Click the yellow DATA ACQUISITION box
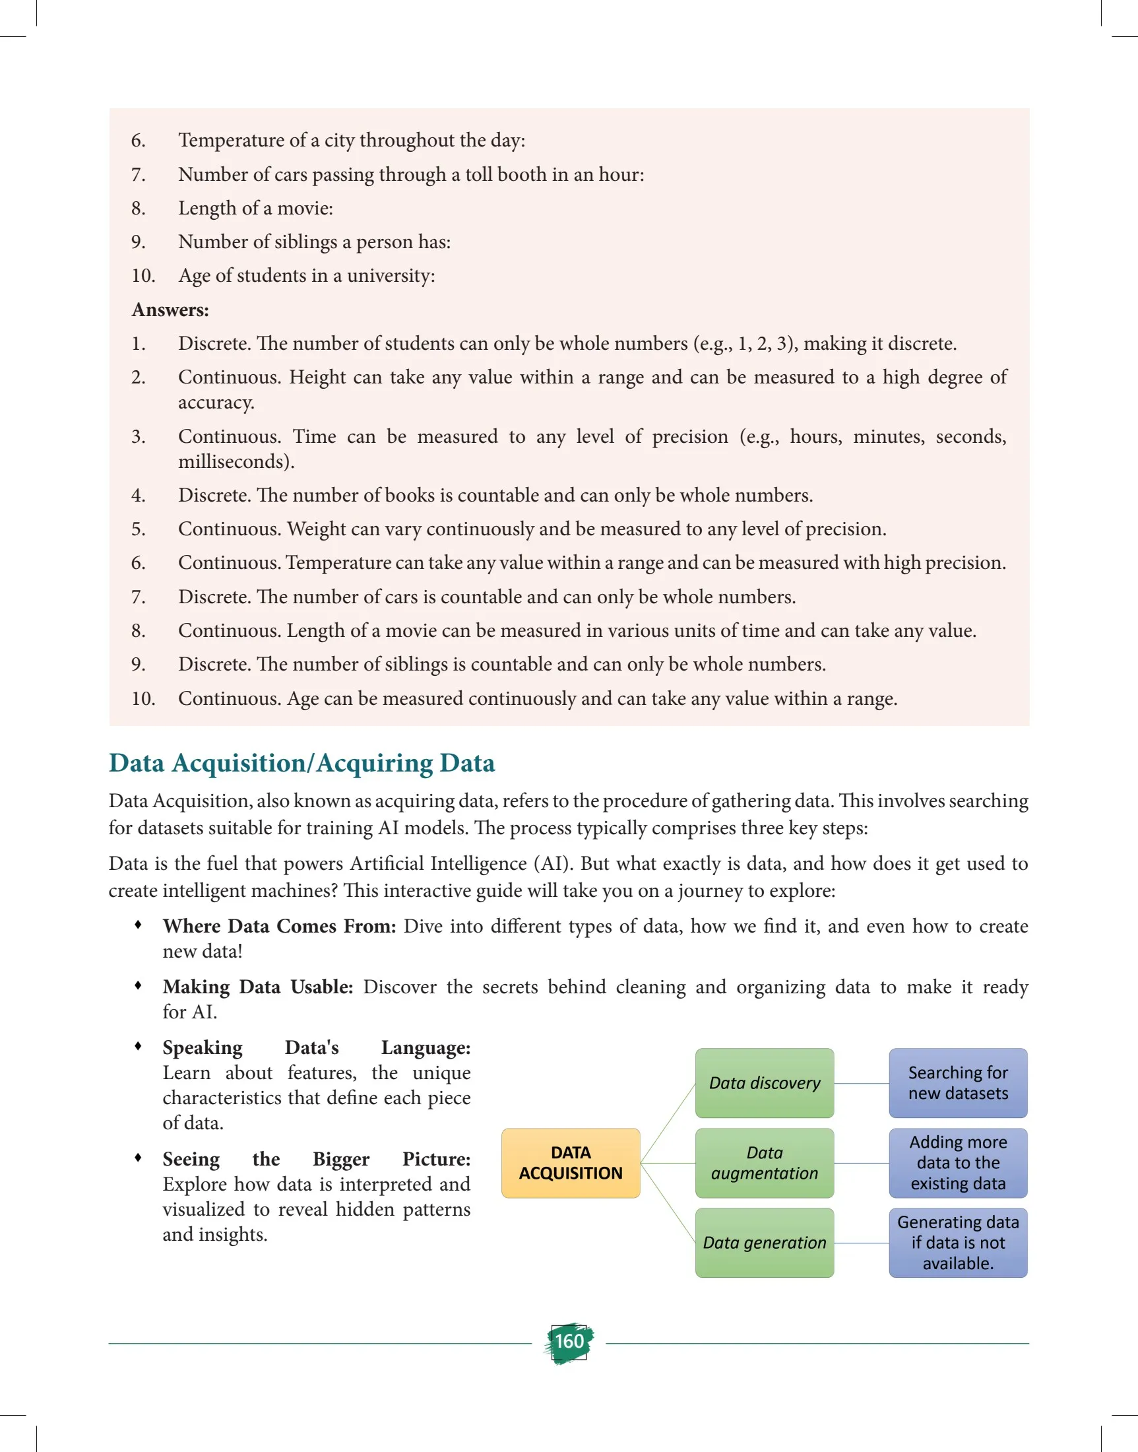pyautogui.click(x=571, y=1163)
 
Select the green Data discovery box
pyautogui.click(x=764, y=1082)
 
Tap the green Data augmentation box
pyautogui.click(x=764, y=1163)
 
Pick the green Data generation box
pyautogui.click(x=764, y=1243)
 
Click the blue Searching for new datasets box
pyautogui.click(x=957, y=1082)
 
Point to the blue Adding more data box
pyautogui.click(x=957, y=1163)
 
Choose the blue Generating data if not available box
pyautogui.click(x=957, y=1243)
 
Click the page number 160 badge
pyautogui.click(x=569, y=1341)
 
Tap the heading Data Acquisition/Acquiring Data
pyautogui.click(x=302, y=763)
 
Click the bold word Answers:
pyautogui.click(x=170, y=310)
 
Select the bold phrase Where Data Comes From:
pyautogui.click(x=279, y=926)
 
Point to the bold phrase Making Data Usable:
pyautogui.click(x=258, y=987)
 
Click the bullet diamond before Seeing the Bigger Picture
pyautogui.click(x=138, y=1158)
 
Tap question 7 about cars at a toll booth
pyautogui.click(x=410, y=174)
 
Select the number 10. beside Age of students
pyautogui.click(x=142, y=275)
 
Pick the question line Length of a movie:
pyautogui.click(x=255, y=208)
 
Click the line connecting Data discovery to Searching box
pyautogui.click(x=861, y=1083)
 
